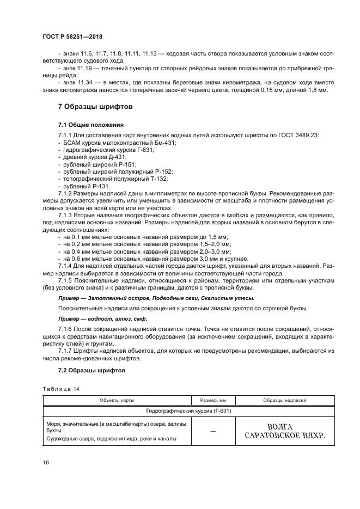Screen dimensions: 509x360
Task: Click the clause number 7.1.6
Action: pos(66,330)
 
